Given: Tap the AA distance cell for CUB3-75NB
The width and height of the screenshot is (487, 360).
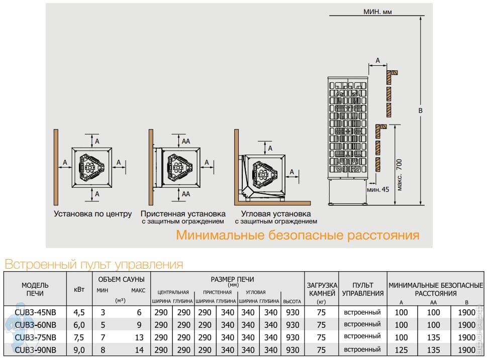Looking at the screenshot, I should (x=434, y=337).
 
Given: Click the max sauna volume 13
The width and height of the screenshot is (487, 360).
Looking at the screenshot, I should (x=139, y=337).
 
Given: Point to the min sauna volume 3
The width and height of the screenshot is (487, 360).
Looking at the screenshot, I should (x=103, y=312).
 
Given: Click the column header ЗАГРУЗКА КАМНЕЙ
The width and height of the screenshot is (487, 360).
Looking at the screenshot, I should (x=322, y=289).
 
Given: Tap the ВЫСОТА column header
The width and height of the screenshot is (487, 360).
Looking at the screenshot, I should (x=292, y=301).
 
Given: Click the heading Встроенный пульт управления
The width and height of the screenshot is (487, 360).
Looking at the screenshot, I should (x=93, y=264).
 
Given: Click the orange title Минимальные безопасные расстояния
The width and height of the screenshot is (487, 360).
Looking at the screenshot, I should (x=298, y=235).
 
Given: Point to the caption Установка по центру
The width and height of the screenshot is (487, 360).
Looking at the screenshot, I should (x=93, y=214).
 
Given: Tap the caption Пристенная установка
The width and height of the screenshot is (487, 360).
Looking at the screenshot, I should (x=183, y=214).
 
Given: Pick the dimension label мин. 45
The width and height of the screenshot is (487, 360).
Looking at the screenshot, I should (x=378, y=190).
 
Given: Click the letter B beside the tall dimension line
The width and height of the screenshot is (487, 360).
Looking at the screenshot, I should (x=421, y=110).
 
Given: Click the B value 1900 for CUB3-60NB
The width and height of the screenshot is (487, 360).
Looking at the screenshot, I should (x=466, y=325).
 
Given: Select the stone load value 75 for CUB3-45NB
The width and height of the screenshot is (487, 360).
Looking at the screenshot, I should (x=322, y=312).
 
